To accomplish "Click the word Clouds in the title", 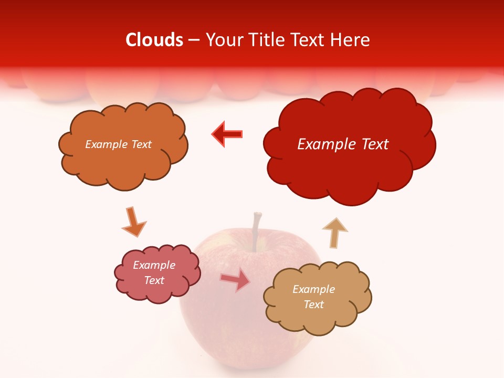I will click(154, 40).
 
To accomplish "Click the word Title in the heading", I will click(265, 40).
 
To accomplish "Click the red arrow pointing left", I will click(227, 134).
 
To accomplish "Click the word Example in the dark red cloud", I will click(323, 144).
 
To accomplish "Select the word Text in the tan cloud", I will click(313, 304).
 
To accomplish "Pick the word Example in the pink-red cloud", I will click(154, 265).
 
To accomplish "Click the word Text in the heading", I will click(310, 40).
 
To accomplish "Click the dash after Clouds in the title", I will click(193, 40).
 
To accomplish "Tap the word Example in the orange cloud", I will click(105, 144).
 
